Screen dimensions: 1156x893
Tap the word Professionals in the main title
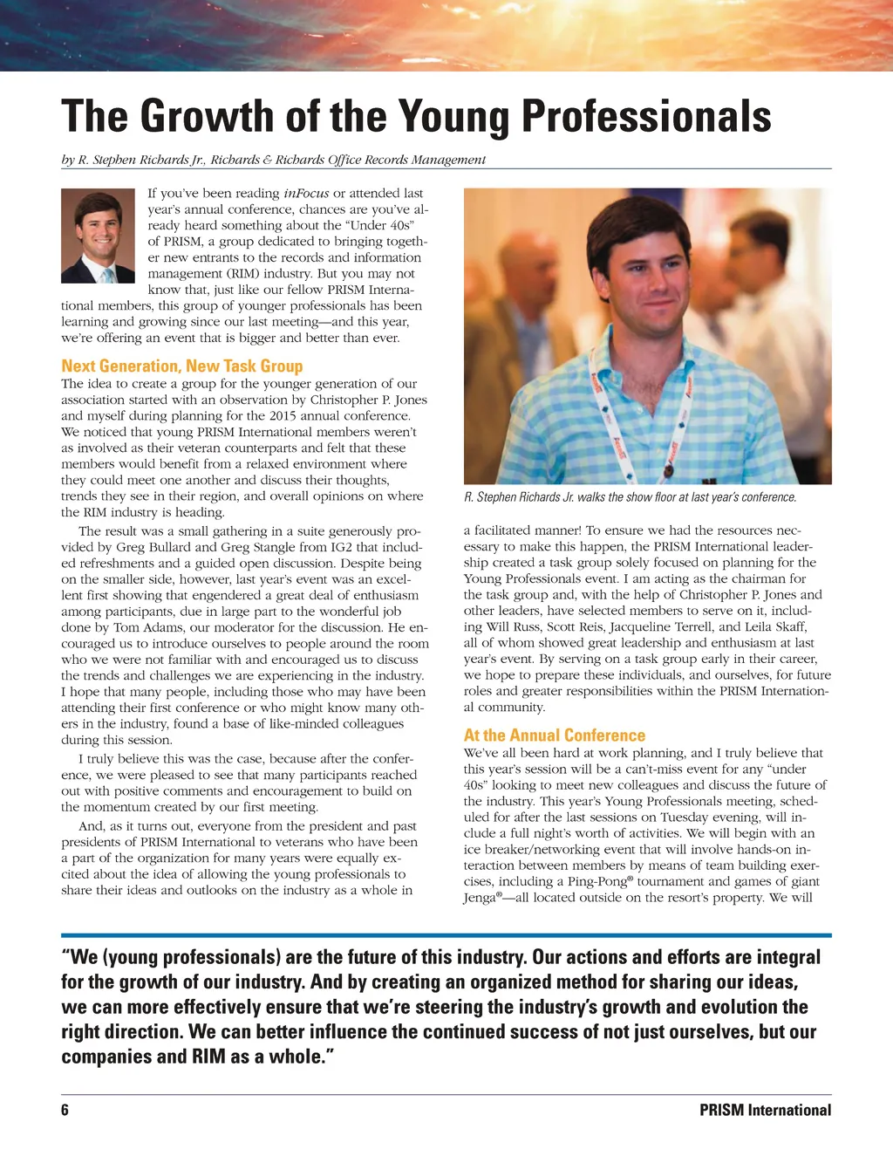(646, 116)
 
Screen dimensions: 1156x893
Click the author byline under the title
(273, 160)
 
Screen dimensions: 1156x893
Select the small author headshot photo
(98, 236)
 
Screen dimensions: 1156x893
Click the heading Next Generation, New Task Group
(181, 366)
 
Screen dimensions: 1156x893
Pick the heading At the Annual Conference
(554, 735)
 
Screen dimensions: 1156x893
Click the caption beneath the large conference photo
(630, 497)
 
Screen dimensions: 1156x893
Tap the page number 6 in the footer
(65, 1110)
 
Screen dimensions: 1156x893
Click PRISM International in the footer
(765, 1110)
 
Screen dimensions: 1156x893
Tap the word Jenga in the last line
(479, 899)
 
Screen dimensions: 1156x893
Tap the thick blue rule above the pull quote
(446, 935)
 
